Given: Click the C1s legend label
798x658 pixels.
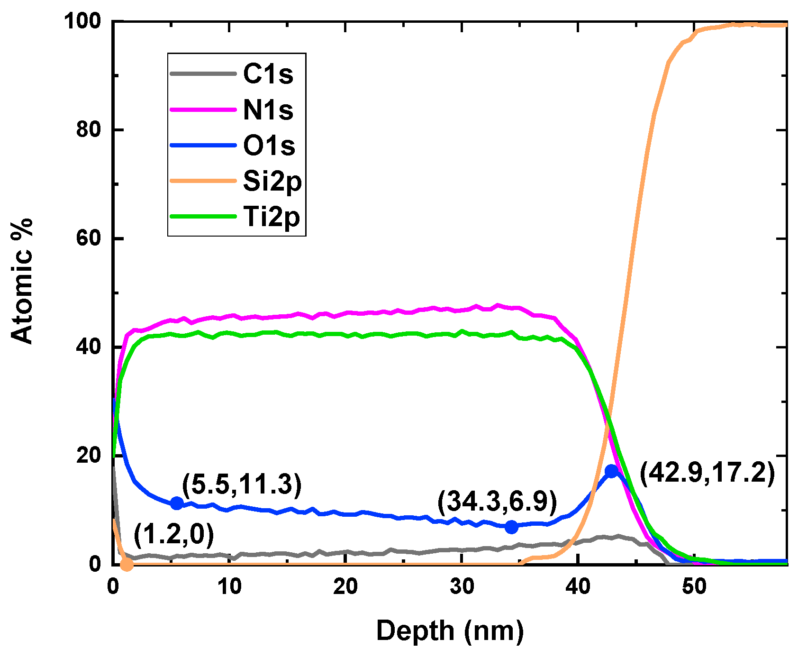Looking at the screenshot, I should [268, 74].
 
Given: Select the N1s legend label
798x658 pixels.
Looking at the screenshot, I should [268, 110].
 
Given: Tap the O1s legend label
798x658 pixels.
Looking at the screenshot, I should [269, 146].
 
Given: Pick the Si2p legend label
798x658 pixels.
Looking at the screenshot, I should [272, 182].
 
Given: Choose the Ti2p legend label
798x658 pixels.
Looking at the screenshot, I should [272, 218].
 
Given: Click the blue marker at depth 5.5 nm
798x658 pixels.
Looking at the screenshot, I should [177, 503].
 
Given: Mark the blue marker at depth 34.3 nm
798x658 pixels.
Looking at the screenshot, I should [511, 527].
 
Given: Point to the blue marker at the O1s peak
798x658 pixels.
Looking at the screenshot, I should [612, 471].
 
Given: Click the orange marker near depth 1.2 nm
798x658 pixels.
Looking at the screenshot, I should [127, 564].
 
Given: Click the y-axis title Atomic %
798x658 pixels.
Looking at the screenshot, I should [22, 281].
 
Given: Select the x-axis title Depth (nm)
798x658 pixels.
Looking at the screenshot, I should [450, 631].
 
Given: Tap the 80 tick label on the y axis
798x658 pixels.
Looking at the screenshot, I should [89, 130].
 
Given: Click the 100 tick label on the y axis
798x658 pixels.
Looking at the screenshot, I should [83, 21].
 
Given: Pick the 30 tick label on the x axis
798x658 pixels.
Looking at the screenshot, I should [462, 587].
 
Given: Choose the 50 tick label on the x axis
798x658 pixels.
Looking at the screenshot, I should [694, 587].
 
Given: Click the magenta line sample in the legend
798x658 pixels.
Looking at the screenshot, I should [203, 110].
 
